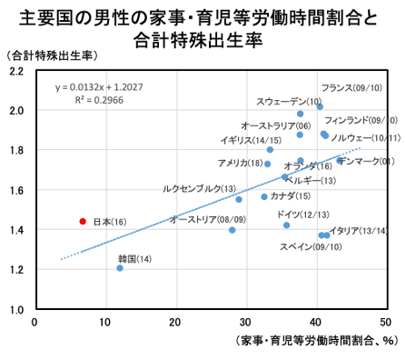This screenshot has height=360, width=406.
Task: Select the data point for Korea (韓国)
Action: tap(120, 268)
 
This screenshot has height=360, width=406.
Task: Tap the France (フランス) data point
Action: tap(320, 106)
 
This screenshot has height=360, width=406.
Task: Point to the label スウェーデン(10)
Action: tap(289, 101)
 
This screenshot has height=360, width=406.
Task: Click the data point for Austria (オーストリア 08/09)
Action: tap(233, 230)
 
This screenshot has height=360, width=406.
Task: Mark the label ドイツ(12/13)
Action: tap(302, 214)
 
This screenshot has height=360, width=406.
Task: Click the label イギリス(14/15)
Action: tap(251, 141)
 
